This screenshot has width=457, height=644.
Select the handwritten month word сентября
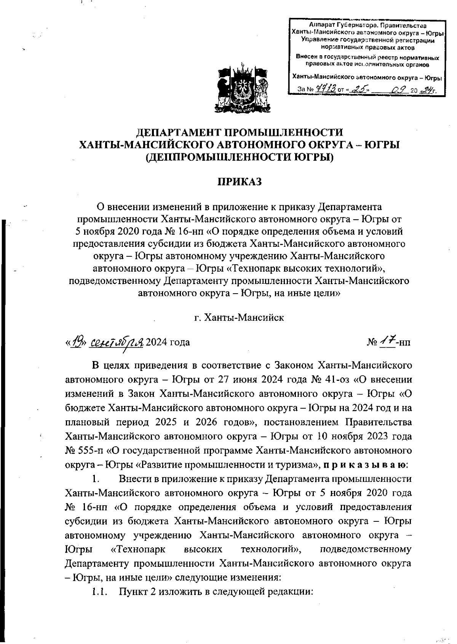click(x=116, y=342)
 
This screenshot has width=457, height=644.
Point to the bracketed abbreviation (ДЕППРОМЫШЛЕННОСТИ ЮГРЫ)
click(x=240, y=157)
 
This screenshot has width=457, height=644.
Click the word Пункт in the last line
click(x=136, y=592)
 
